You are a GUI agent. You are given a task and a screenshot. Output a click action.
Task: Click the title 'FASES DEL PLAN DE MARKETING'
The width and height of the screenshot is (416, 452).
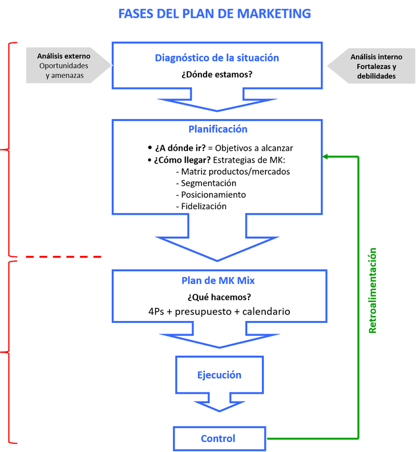(214, 14)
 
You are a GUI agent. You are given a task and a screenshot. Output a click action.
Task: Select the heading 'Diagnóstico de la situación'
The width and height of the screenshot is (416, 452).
(217, 58)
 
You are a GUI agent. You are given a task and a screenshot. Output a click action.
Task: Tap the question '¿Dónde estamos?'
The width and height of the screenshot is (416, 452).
(217, 74)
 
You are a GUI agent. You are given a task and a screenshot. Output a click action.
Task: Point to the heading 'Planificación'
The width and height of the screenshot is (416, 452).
(218, 129)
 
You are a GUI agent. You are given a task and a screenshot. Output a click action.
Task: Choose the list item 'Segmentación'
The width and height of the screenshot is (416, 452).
(209, 183)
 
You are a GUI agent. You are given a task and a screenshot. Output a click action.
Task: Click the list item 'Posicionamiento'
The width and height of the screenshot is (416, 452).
(213, 195)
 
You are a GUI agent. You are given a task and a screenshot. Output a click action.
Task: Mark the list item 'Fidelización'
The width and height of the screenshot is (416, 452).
(204, 206)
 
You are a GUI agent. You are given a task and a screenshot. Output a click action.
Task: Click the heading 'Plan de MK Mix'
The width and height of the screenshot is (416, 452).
(218, 281)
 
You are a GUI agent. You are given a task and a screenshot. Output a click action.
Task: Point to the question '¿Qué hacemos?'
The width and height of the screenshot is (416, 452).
(219, 298)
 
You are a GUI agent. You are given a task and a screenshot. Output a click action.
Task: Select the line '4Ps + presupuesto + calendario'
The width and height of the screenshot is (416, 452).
(219, 312)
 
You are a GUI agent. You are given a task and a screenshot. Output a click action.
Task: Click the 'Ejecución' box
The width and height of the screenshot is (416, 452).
(219, 375)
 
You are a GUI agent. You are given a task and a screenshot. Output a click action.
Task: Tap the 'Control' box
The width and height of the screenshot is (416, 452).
(218, 438)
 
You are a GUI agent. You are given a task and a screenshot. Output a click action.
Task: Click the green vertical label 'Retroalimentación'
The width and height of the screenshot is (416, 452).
(372, 291)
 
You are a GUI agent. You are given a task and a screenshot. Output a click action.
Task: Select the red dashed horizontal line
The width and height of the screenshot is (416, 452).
(57, 256)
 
